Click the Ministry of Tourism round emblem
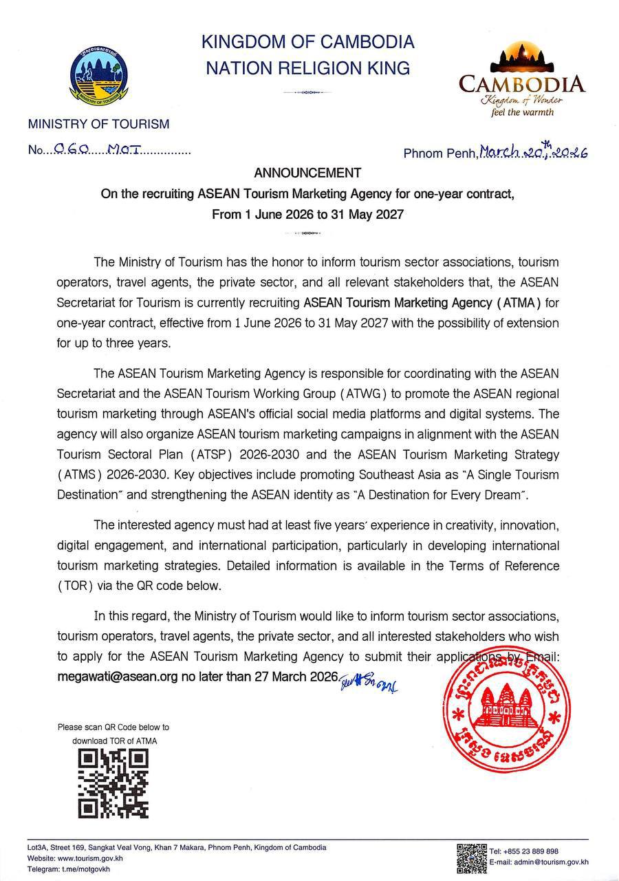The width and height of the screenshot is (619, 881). pyautogui.click(x=99, y=76)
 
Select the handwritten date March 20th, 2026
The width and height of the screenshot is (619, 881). pyautogui.click(x=533, y=151)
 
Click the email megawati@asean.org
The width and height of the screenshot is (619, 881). pyautogui.click(x=118, y=677)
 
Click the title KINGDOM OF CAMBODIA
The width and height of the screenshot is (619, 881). pyautogui.click(x=307, y=42)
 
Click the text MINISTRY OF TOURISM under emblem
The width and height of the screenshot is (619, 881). pyautogui.click(x=98, y=125)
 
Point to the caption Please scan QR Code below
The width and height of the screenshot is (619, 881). pyautogui.click(x=113, y=727)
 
